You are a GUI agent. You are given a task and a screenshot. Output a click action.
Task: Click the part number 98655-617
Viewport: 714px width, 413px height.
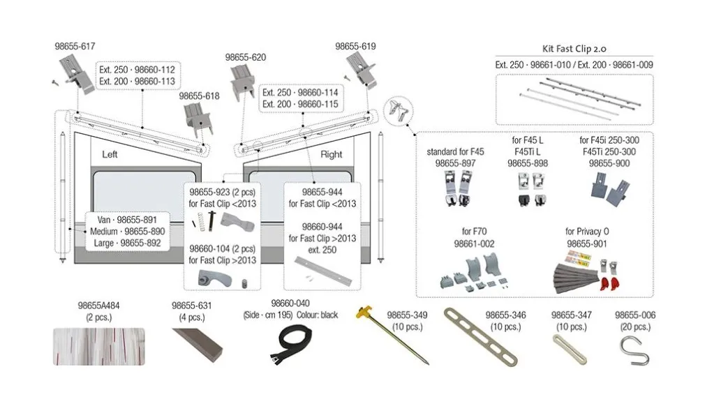pos(75,46)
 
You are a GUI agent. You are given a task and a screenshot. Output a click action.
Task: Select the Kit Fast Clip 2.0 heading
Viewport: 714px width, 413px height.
pos(574,50)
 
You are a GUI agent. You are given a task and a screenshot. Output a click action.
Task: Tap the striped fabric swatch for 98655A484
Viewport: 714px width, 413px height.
pos(99,347)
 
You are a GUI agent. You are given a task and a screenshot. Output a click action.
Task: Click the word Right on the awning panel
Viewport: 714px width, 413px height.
pos(331,155)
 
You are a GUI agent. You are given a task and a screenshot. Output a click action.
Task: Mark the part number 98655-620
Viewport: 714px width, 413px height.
pos(246,57)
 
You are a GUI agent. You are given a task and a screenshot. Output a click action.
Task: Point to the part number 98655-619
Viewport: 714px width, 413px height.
pos(355,46)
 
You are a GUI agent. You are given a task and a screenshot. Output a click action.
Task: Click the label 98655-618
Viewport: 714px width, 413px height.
pos(199,96)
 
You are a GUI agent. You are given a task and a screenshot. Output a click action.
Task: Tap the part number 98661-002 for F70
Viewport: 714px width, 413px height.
pos(474,243)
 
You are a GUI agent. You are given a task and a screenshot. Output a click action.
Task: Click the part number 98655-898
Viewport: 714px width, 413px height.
pos(528,162)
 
